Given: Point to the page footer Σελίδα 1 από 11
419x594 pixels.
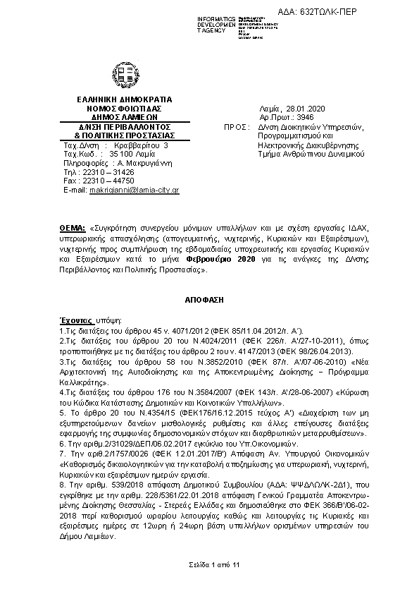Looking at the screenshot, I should click(x=209, y=565).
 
